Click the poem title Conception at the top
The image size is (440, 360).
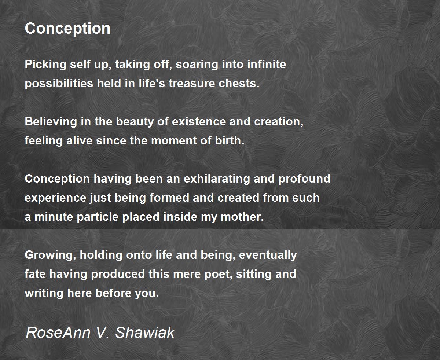(x=67, y=29)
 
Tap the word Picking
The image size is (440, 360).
(x=45, y=65)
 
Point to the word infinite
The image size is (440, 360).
(x=267, y=64)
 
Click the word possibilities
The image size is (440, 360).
(x=59, y=84)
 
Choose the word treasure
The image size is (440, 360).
(x=192, y=84)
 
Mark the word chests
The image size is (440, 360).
(x=239, y=84)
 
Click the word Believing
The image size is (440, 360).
(x=51, y=122)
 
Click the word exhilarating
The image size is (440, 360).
(x=217, y=179)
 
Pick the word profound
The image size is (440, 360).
(x=304, y=179)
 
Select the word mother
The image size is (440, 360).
(x=242, y=217)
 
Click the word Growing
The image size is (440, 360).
(x=50, y=255)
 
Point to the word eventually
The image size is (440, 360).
(x=268, y=255)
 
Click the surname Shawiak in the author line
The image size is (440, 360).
(x=145, y=333)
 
